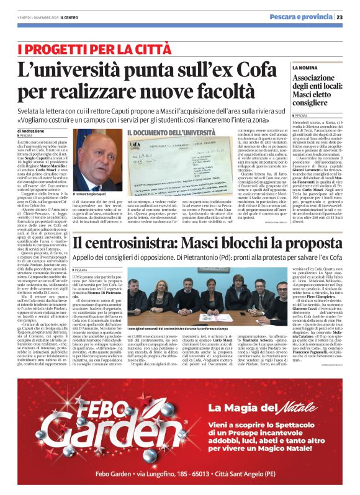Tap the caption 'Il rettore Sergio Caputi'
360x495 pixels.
click(91, 195)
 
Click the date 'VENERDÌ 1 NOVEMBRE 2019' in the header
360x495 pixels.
click(41, 17)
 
